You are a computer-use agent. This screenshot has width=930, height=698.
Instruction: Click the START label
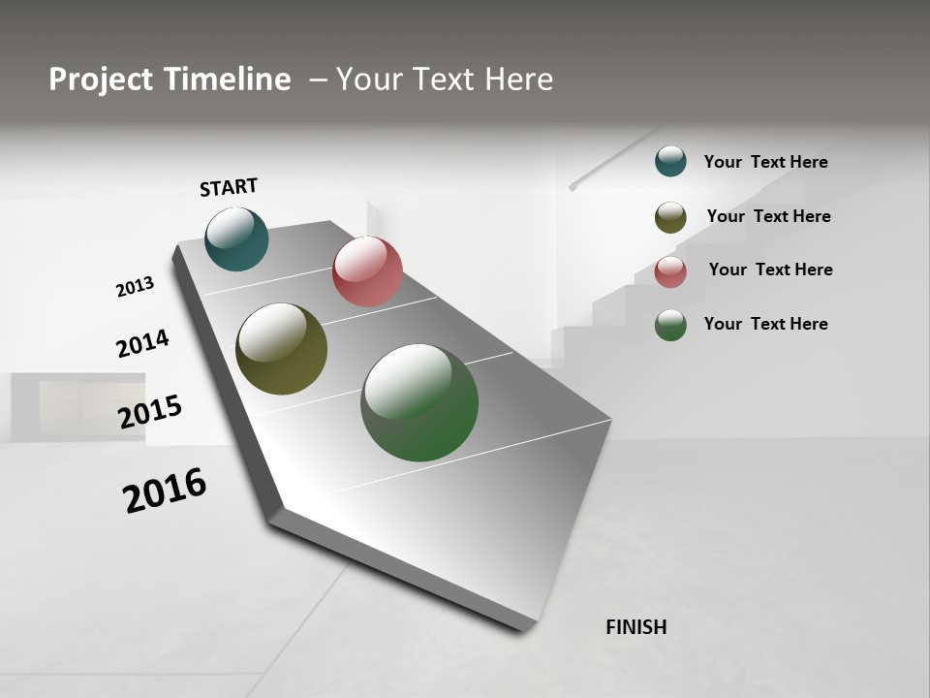pos(229,187)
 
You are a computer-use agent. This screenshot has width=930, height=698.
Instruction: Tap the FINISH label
pos(635,627)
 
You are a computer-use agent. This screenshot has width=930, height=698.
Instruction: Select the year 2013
pos(135,287)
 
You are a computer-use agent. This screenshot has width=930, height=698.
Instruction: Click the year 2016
pos(165,491)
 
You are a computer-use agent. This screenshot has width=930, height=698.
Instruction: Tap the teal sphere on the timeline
pos(236,239)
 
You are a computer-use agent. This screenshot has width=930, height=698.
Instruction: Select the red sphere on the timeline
pos(367,271)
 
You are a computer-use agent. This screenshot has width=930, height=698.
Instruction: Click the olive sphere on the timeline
pos(281,349)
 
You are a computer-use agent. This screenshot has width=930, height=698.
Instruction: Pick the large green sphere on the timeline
pos(419,402)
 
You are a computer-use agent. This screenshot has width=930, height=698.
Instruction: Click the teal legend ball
pos(670,162)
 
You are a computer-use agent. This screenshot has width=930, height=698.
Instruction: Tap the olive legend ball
pos(670,217)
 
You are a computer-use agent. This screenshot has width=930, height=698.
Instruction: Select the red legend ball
pos(670,271)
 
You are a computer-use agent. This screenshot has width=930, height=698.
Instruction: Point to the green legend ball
pos(670,325)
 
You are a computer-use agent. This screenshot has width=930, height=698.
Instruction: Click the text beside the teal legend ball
pos(765,162)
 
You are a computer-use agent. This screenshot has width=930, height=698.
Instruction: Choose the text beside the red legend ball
pos(770,270)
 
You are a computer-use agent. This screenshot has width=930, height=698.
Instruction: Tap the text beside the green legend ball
pos(765,324)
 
